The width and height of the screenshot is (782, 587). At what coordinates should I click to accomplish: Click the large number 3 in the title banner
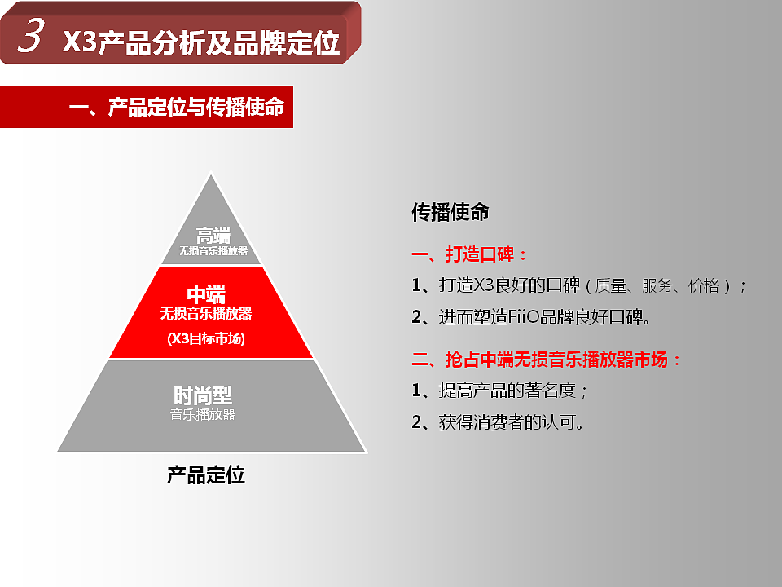[x=30, y=37]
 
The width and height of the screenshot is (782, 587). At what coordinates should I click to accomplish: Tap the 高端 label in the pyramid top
[x=213, y=236]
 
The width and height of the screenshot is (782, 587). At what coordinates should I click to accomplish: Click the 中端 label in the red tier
[x=206, y=295]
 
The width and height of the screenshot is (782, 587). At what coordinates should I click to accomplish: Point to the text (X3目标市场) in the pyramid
[x=206, y=338]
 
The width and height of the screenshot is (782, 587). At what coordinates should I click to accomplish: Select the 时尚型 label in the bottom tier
[x=203, y=396]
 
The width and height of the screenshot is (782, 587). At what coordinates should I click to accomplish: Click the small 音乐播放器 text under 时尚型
[x=203, y=414]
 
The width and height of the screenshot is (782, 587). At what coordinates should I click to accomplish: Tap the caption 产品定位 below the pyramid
[x=206, y=475]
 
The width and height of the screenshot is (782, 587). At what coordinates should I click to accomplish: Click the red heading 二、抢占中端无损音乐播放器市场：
[x=547, y=360]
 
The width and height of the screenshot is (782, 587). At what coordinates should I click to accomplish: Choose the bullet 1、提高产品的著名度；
[x=500, y=391]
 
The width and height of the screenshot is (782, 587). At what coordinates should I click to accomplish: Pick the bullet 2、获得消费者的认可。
[x=498, y=422]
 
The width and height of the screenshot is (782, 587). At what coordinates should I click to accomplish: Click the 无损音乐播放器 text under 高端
[x=213, y=250]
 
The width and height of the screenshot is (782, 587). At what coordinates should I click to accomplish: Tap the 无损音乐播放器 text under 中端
[x=206, y=313]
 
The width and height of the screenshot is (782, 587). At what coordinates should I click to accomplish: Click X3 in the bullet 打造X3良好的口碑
[x=484, y=285]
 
